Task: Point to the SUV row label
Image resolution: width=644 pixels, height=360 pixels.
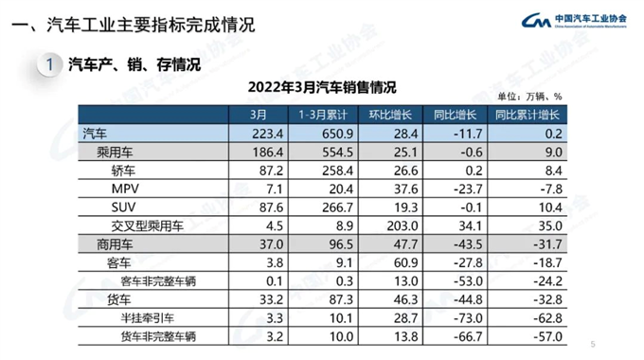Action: (x=125, y=207)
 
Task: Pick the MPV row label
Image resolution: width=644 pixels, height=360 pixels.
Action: (x=126, y=189)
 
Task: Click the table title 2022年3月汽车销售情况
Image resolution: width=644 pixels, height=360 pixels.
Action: (x=322, y=84)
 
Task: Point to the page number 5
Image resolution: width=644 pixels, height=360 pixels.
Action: (x=593, y=343)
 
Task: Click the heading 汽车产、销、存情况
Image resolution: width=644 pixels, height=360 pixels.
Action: (x=134, y=64)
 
